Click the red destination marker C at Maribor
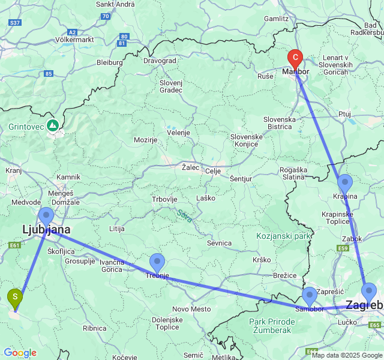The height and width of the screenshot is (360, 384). pos(295,59)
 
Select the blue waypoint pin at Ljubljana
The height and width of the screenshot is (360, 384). pos(46,216)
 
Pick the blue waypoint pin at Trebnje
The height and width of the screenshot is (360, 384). pos(157,262)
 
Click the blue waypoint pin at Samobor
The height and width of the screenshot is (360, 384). pos(310,296)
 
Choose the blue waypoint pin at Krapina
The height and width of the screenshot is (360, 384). pos(344,182)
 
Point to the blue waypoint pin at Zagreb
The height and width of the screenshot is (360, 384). pos(369,292)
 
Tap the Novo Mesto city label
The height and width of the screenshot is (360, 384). pos(192,309)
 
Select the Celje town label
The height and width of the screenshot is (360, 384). pos(213,171)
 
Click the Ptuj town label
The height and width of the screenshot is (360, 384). pos(344,113)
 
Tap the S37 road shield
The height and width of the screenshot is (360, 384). pos(15,23)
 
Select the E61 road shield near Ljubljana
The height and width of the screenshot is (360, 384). pos(15,245)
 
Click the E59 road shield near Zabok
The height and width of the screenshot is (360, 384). pos(343,248)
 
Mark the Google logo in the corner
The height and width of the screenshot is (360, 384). pos(20,353)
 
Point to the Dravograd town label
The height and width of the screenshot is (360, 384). pos(160,61)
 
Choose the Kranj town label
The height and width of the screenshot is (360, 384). pos(13,170)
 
